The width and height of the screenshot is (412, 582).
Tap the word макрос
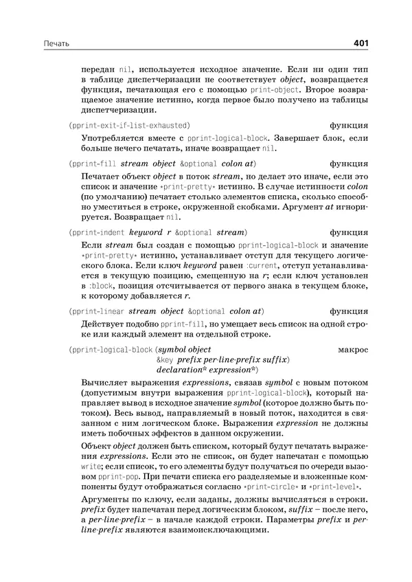(354, 350)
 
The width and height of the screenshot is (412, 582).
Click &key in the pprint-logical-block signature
(165, 360)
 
